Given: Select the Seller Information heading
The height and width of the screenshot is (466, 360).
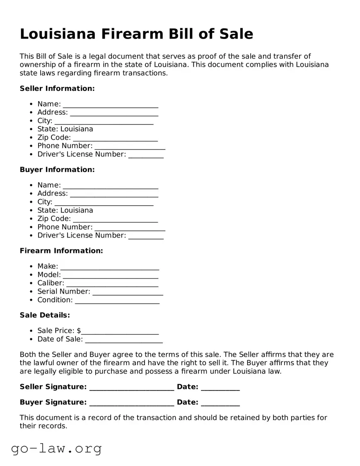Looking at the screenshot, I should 57,88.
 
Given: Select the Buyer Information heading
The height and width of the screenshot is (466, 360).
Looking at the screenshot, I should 57,170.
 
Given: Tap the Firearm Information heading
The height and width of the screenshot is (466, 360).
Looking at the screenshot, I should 61,251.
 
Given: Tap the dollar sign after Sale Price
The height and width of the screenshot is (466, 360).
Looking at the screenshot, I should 79,331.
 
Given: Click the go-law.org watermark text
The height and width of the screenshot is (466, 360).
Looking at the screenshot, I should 56,449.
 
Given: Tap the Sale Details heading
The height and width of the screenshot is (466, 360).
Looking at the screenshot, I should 45,315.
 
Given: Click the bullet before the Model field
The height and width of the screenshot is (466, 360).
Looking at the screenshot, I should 32,275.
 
